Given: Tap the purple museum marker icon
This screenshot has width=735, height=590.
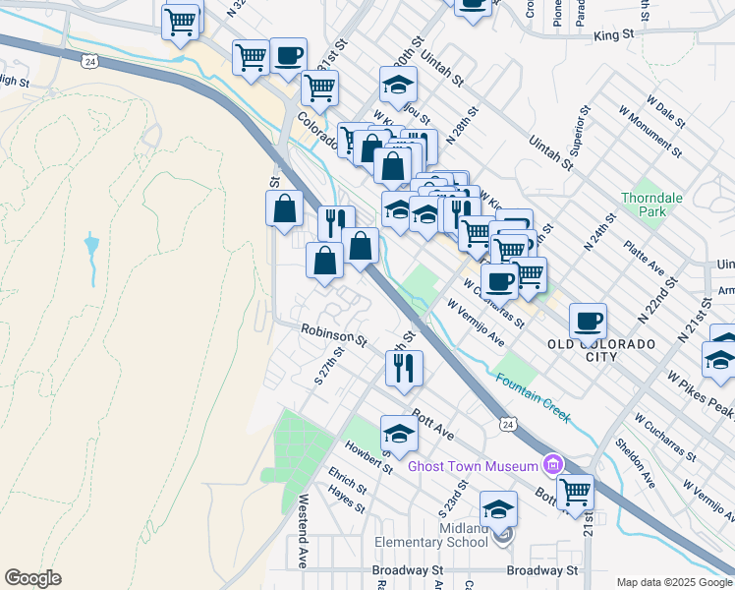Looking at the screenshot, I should click(x=552, y=465).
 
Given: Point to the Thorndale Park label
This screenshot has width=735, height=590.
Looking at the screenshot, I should click(x=651, y=205).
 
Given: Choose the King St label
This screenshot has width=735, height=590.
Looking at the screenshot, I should click(x=614, y=34).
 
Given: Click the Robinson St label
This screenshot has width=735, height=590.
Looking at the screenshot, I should click(x=333, y=335).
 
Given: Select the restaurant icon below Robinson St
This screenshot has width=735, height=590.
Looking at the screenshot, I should click(x=404, y=368).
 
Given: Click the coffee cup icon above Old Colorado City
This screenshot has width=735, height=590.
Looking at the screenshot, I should click(x=588, y=320).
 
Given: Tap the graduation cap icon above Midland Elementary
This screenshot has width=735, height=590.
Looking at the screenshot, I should click(x=498, y=508).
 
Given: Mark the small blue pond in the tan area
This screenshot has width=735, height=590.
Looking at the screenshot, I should click(x=91, y=243).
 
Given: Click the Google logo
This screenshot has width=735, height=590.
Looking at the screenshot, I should click(x=32, y=578).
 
